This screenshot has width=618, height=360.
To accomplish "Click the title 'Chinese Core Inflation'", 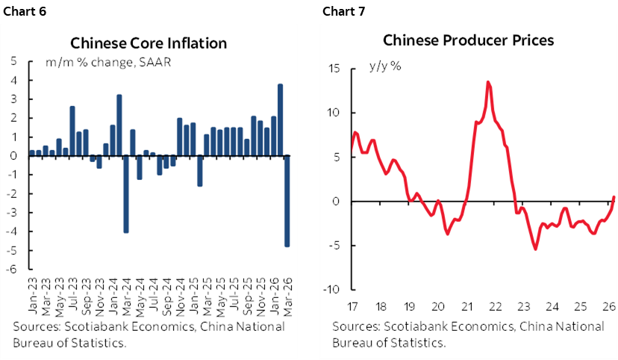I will coord(148,43).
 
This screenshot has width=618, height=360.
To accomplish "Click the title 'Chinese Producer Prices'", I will coord(468,40).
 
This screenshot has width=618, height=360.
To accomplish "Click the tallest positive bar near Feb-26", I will coord(280,120).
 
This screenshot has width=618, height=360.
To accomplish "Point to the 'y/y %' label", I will coord(385,66).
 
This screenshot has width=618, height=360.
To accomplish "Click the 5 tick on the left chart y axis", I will coord(14,61).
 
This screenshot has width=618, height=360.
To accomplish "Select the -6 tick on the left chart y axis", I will coord(13,269).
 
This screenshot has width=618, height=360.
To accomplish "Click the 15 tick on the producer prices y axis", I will coord(334,69).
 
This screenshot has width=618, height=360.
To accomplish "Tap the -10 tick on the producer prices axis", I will coord(331,290).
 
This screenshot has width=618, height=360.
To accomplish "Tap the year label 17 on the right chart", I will coord(352,306).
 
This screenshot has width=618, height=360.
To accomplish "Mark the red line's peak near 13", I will coord(487,82).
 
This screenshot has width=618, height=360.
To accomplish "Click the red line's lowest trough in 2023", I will coord(535,249).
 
